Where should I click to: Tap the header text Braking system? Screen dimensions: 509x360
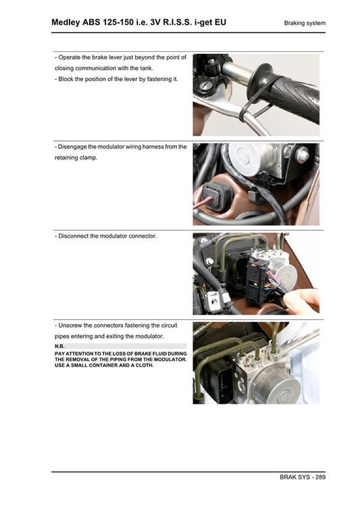[305, 23]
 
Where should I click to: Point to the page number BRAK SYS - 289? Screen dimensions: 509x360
[302, 477]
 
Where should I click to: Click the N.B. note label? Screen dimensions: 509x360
[59, 346]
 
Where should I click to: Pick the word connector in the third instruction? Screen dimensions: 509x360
[142, 236]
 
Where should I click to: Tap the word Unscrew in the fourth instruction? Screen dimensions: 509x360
[72, 325]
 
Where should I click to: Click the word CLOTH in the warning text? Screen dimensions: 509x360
[143, 365]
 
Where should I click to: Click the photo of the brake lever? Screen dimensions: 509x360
[256, 95]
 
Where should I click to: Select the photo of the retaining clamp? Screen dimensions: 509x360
[256, 184]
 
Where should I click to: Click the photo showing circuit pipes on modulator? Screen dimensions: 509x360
[256, 363]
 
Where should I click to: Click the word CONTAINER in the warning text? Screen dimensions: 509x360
[112, 365]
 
